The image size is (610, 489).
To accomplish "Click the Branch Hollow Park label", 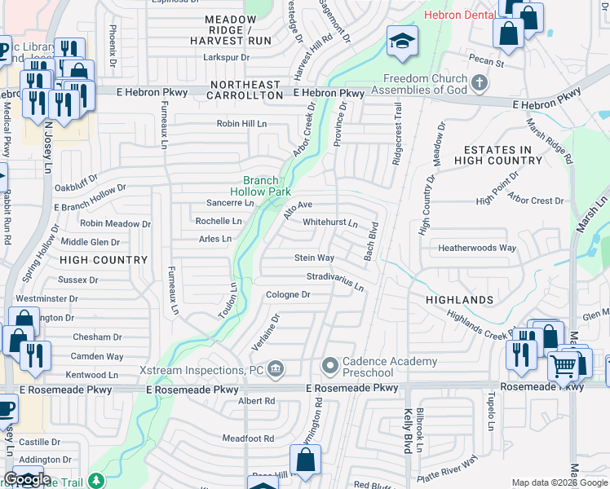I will tap(260, 186).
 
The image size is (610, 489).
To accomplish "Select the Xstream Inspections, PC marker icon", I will tap(276, 371).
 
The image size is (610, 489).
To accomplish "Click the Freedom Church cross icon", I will tap(480, 82).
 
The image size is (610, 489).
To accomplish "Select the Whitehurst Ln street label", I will tap(330, 222).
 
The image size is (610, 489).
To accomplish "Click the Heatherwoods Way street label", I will tap(477, 248).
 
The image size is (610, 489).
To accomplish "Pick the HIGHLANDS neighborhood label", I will tap(460, 300).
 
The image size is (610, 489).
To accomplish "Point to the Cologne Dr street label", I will tap(288, 294).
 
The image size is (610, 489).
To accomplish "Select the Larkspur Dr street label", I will tap(226, 57).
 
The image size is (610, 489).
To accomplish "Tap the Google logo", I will tap(27, 479).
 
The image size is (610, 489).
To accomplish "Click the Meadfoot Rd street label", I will tap(248, 438).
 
